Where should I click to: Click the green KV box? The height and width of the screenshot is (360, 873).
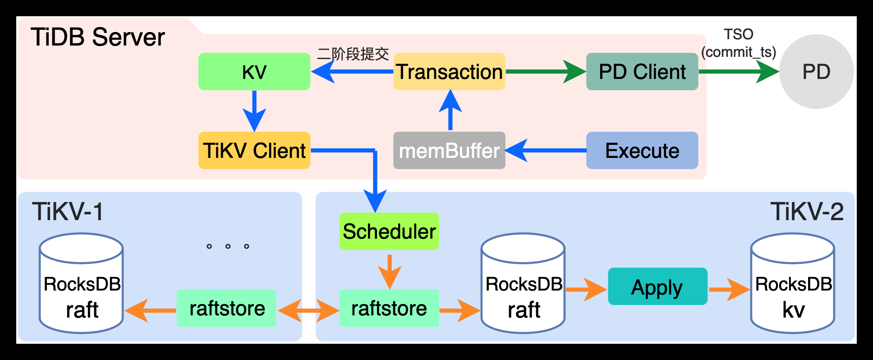coord(254,72)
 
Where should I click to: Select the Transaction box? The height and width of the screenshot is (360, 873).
coord(449,72)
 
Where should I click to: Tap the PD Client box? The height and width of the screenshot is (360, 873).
coord(642,72)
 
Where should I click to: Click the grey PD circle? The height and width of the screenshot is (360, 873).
coord(816,72)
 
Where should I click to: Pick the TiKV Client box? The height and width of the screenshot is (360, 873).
coord(254,150)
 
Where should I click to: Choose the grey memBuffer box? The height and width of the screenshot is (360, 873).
coord(449,150)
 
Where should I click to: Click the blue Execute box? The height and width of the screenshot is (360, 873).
coord(642,150)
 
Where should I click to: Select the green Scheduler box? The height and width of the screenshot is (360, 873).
coord(389,231)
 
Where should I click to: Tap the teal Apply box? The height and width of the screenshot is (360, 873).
coord(657,286)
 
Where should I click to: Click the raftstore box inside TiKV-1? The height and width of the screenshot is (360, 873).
coord(226,308)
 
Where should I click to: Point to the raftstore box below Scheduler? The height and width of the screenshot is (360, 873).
coord(389,308)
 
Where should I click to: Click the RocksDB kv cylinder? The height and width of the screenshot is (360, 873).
coord(793,284)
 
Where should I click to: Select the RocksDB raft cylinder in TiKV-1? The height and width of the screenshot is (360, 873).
coord(81,284)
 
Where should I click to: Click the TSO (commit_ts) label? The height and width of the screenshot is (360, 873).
coord(739,43)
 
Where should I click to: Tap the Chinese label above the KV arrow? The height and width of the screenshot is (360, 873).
coord(353,54)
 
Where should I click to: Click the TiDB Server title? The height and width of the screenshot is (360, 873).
coord(97,37)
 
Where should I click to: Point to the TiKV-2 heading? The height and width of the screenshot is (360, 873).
coord(806,212)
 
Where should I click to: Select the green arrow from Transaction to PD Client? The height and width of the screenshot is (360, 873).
coord(546,72)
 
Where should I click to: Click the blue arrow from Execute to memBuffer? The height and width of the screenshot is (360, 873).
coord(546,150)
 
